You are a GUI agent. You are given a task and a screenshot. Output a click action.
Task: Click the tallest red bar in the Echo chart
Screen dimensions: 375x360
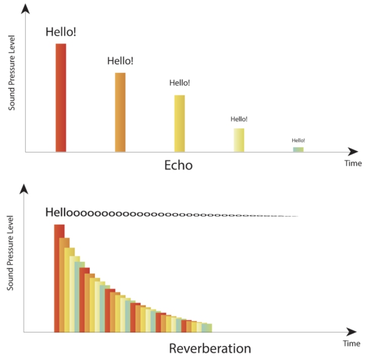[x=61, y=97]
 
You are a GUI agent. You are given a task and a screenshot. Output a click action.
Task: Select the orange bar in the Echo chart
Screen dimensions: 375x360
[x=120, y=112]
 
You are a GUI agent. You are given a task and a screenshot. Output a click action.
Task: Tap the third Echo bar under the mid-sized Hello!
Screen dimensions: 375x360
[x=179, y=123]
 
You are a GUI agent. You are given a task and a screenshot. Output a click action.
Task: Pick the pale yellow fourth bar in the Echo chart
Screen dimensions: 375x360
[x=239, y=140]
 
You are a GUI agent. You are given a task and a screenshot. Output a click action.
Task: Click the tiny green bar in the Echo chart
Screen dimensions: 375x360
[x=298, y=149]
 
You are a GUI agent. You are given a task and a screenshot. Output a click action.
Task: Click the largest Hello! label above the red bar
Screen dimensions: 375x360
[x=61, y=32]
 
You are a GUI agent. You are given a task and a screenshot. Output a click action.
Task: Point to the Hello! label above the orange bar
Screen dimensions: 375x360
[x=120, y=61]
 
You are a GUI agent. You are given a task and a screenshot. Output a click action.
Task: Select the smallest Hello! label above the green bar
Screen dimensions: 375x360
[x=298, y=140]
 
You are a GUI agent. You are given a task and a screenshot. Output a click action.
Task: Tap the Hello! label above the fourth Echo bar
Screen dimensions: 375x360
[x=239, y=119]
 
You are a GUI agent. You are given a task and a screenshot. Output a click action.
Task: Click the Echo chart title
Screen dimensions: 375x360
[x=178, y=165]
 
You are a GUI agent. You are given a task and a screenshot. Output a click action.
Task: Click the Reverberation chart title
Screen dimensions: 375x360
[x=210, y=348]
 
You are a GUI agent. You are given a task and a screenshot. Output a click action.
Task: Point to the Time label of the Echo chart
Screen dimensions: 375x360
[x=353, y=164]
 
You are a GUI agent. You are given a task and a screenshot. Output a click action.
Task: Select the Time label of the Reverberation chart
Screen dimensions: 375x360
[x=352, y=343]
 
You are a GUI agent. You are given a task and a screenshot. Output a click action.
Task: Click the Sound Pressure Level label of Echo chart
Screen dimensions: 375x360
[x=12, y=73]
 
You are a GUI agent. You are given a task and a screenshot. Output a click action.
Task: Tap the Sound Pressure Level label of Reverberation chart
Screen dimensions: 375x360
[x=10, y=253]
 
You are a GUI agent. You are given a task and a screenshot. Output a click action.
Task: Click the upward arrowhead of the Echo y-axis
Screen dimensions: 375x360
[x=25, y=9]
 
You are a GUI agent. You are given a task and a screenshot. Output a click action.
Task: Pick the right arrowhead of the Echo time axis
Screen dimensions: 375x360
[x=353, y=151]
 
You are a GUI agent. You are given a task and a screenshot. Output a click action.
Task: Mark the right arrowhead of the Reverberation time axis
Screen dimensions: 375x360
[x=352, y=332]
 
